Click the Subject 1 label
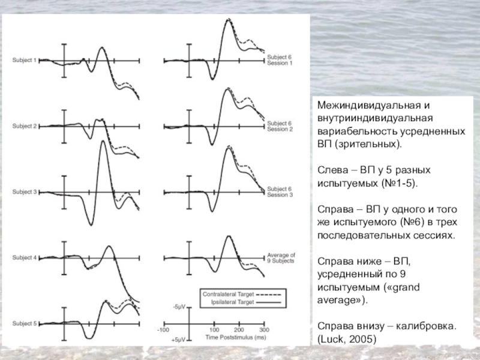point(25,60)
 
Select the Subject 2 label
point(25,126)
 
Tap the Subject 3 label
point(25,192)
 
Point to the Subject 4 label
point(25,258)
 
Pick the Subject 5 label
point(25,324)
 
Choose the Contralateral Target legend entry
point(229,295)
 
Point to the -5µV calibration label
point(179,307)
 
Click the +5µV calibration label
point(178,340)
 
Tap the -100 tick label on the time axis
point(163,330)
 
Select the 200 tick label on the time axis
point(239,330)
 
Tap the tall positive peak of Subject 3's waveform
point(103,150)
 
